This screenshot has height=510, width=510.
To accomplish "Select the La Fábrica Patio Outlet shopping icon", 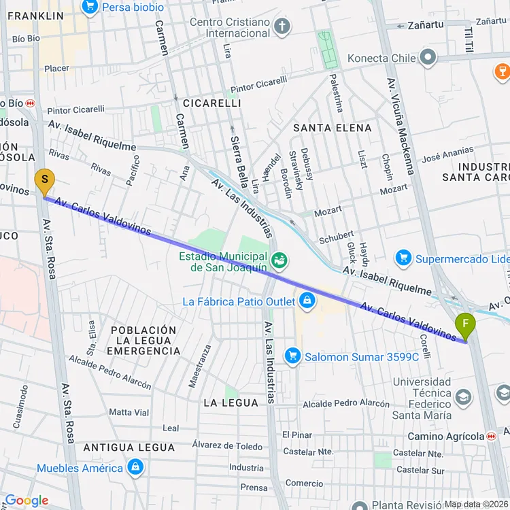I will tap(307, 301).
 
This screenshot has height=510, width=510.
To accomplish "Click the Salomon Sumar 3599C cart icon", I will tap(293, 356).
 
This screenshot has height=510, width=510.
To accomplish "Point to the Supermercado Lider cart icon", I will tap(404, 258).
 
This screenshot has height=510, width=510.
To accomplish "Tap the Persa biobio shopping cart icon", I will tap(89, 7).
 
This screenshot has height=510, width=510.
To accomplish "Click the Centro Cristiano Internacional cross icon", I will tap(282, 27).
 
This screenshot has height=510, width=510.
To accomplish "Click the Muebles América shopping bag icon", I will tap(135, 467).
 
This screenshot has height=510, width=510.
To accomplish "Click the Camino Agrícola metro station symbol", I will tap(491, 436).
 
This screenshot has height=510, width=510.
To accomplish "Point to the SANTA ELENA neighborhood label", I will tap(333, 128).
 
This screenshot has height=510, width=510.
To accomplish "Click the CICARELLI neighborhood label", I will tap(211, 103).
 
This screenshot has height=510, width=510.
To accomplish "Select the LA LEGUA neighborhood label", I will tap(231, 403).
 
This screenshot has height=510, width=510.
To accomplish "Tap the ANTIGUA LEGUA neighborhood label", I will tap(129, 447).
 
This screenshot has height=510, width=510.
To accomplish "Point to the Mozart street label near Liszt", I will tap(394, 189).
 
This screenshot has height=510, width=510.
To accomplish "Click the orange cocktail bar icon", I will tap(501, 69).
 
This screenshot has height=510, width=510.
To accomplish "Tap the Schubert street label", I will tap(336, 238).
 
